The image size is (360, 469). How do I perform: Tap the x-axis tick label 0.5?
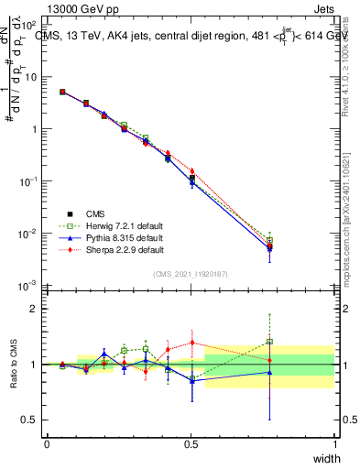(x=191, y=444)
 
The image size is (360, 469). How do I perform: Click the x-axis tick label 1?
(x=334, y=444)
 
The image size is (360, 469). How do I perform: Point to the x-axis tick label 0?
(x=47, y=444)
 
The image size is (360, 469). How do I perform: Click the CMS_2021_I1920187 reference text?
(x=191, y=273)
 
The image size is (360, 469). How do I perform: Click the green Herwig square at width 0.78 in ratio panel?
(x=269, y=342)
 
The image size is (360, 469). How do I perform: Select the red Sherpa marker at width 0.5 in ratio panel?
(x=191, y=343)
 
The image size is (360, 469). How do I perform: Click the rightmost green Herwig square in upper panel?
(x=269, y=240)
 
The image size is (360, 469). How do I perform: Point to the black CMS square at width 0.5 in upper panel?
(x=191, y=178)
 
